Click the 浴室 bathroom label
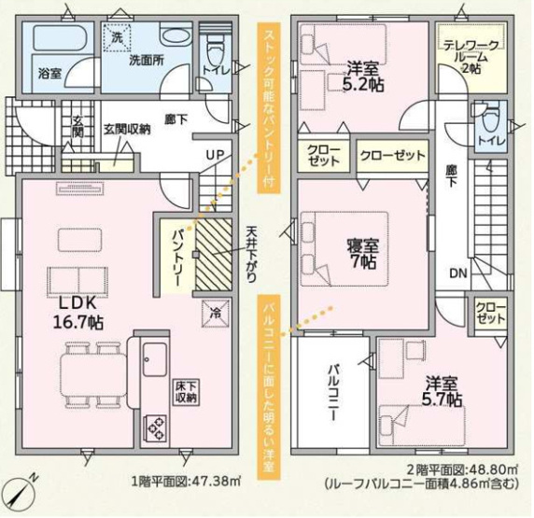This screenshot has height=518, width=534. click(49, 72)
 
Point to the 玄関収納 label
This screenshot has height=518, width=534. click(126, 129)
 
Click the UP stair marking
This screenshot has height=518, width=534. click(215, 154)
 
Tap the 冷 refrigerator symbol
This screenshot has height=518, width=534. click(212, 315)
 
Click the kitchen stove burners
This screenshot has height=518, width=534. click(155, 428)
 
